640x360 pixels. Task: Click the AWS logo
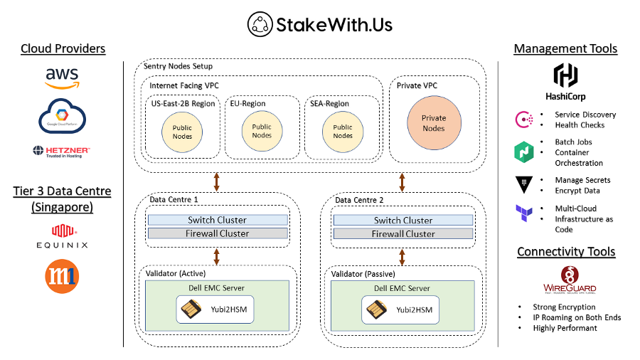(62, 77)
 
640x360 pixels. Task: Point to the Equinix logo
(62, 235)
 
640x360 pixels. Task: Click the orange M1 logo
(62, 276)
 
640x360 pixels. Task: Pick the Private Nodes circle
(434, 124)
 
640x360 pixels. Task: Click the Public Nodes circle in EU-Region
(262, 131)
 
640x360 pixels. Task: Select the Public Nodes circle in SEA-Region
(343, 131)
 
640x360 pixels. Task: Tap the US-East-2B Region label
(183, 104)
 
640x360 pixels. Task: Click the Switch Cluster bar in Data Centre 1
(218, 220)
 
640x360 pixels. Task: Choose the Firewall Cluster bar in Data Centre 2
(403, 233)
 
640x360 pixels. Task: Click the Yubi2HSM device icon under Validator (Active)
(191, 309)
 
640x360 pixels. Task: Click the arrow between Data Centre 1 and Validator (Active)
(217, 256)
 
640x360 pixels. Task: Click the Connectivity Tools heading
(566, 252)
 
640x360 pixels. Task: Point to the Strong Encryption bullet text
(565, 307)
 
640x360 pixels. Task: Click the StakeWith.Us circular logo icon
(260, 25)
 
